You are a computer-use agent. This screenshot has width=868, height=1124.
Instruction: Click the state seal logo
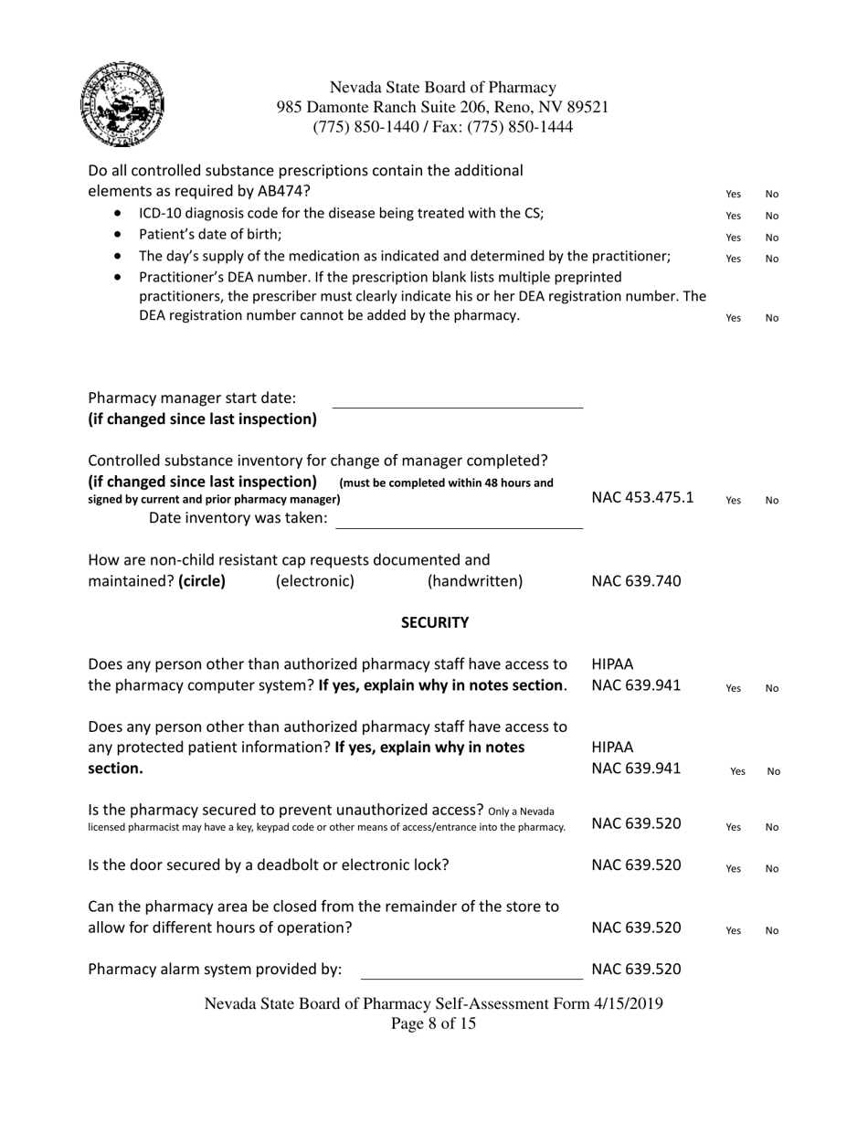click(122, 106)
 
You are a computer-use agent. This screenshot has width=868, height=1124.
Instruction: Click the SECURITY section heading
click(435, 623)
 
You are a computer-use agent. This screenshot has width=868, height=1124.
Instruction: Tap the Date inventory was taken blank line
click(459, 522)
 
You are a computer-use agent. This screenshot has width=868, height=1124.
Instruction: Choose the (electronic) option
click(314, 582)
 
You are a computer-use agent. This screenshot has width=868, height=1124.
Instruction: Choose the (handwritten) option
click(475, 582)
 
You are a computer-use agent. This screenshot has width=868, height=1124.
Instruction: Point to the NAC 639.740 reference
click(636, 582)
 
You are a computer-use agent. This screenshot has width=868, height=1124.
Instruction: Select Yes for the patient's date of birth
click(733, 238)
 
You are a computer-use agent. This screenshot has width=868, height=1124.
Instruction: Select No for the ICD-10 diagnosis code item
click(771, 217)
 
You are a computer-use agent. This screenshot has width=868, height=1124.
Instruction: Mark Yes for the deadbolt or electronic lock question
click(733, 869)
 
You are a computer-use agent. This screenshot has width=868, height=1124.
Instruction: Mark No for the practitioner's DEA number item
click(771, 319)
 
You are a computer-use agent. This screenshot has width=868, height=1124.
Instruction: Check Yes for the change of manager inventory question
click(733, 501)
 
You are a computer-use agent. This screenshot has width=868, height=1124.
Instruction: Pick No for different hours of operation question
click(771, 931)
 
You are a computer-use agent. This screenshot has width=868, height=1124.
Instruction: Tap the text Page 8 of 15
click(433, 1024)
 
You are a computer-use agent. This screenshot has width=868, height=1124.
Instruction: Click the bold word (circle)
click(202, 582)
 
